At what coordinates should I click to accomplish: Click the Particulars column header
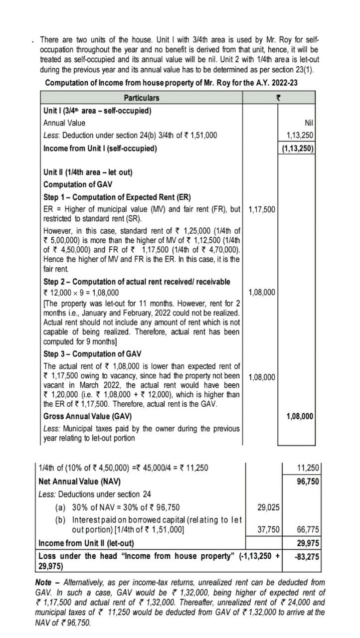142,98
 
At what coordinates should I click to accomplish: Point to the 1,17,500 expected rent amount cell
261,209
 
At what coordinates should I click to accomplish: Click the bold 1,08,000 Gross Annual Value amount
300,416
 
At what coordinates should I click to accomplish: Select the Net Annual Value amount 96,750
308,481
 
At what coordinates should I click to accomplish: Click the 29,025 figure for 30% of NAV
268,507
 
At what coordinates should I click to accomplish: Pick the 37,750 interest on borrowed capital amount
268,530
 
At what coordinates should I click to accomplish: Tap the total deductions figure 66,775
308,530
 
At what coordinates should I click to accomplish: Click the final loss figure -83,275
307,556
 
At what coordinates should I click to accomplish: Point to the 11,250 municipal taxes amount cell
308,468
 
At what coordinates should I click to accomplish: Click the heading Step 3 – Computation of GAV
92,354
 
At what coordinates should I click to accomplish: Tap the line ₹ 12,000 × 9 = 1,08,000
81,293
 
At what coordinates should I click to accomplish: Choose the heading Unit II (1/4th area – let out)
88,172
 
